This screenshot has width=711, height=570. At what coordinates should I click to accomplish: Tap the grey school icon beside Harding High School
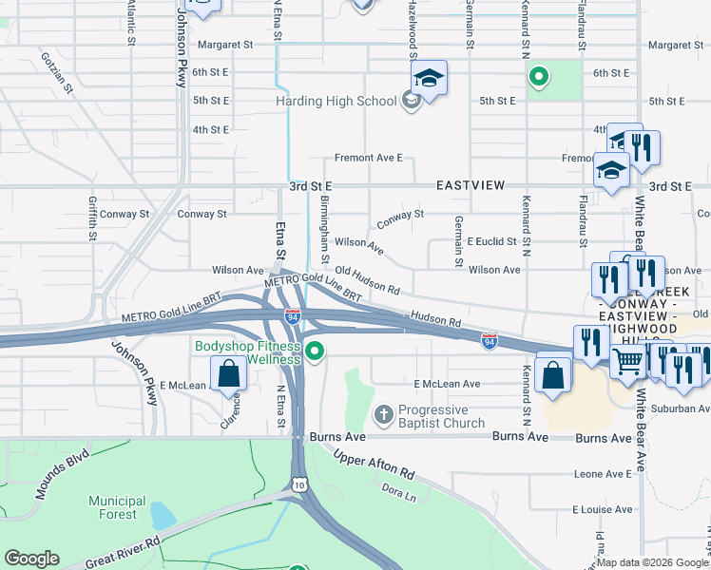[411, 101]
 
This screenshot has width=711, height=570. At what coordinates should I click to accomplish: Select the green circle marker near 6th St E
[537, 77]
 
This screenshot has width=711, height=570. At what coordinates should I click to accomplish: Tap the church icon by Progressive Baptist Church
[383, 414]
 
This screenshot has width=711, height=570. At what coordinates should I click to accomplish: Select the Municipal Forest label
[117, 507]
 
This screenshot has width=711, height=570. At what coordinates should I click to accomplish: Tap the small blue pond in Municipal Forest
[163, 516]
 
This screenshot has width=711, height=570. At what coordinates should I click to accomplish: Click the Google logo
[31, 559]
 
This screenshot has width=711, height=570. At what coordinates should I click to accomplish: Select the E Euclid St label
[490, 242]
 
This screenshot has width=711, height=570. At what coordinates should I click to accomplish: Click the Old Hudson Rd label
[366, 279]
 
